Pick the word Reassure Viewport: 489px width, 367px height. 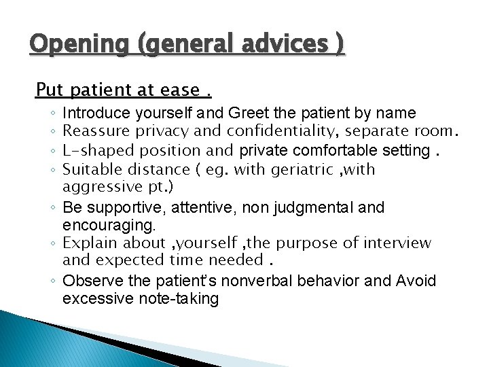pyautogui.click(x=96, y=131)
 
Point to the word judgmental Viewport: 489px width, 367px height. pyautogui.click(x=319, y=207)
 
